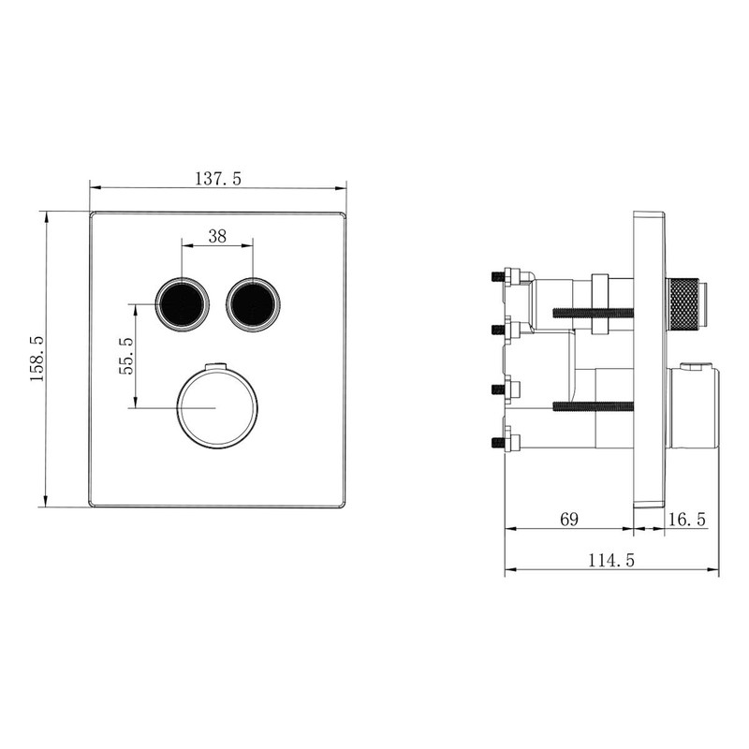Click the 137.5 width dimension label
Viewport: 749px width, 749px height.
tap(217, 178)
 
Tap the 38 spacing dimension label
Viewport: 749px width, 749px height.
tap(216, 237)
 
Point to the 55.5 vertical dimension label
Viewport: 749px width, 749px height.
tap(127, 356)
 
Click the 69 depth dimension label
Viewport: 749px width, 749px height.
tap(569, 519)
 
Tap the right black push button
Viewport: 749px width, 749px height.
tap(252, 303)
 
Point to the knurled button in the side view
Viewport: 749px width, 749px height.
tap(683, 303)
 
